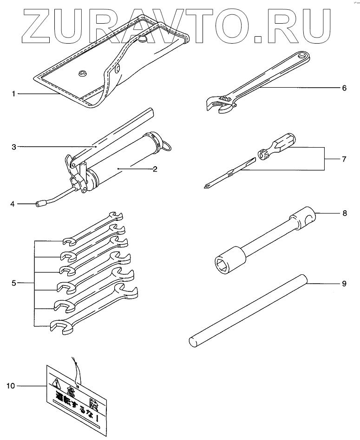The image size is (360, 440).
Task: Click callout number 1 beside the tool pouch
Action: pos(14,94)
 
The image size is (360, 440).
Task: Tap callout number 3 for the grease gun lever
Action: pos(14,147)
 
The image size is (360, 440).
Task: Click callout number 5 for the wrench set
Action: pos(14,283)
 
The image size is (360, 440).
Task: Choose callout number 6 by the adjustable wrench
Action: pos(344,88)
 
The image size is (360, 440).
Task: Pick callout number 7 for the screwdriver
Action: pos(344,159)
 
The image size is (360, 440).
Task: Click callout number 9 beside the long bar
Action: pos(344,283)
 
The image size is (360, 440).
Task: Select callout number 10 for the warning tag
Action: pos(11,386)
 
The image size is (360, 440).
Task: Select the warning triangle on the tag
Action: pos(56,383)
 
